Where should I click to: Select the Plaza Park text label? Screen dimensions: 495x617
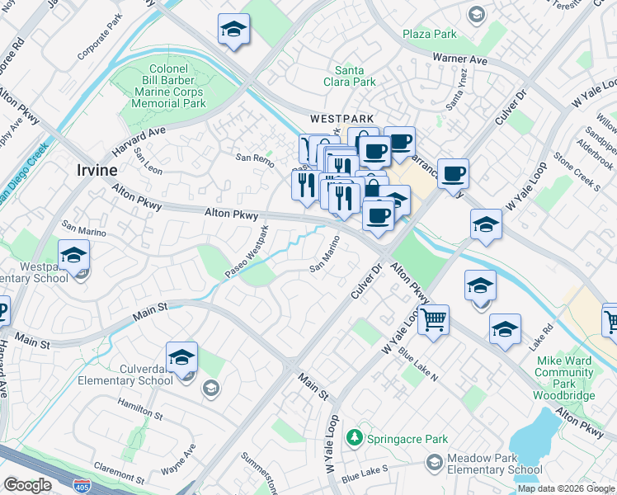(429, 34)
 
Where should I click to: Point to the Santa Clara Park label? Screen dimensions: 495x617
(355, 76)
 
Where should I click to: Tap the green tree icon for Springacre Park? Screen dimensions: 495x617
(355, 436)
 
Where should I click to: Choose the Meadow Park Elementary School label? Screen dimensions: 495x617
(494, 464)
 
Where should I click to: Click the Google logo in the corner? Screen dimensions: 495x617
(26, 485)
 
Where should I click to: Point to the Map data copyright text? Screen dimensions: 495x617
(566, 488)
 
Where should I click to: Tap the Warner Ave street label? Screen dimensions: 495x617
(459, 59)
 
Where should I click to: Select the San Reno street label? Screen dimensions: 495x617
(253, 157)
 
